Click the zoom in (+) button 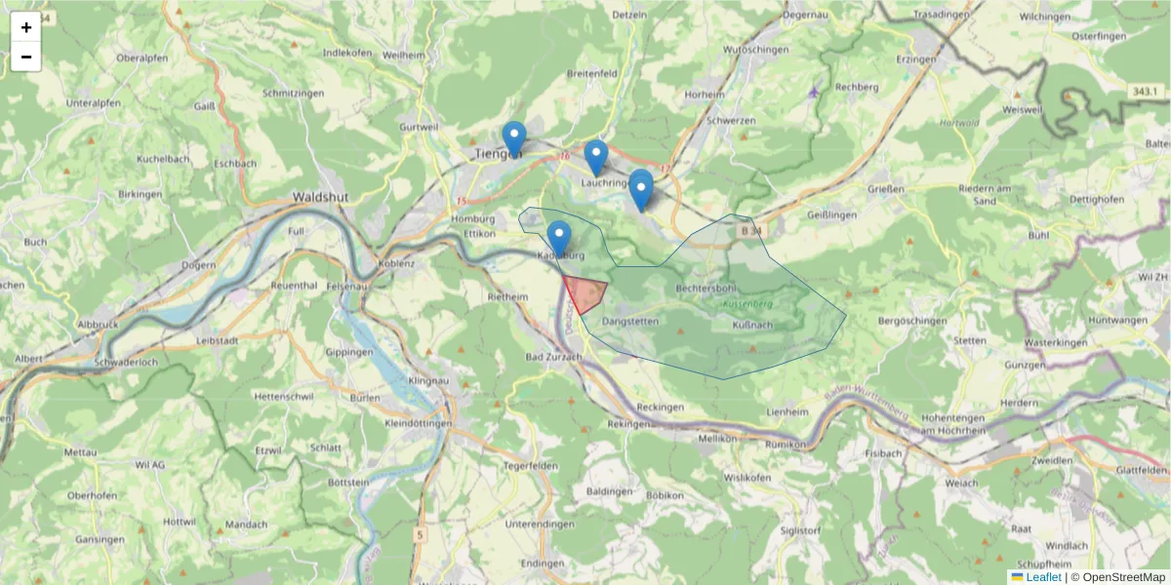click(26, 27)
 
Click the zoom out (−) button click(26, 57)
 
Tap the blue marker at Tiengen click(513, 138)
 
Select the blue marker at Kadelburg click(558, 238)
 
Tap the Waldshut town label click(321, 196)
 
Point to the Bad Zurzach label click(553, 358)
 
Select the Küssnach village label click(751, 325)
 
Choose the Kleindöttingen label click(418, 424)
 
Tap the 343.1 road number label click(1147, 92)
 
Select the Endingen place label click(544, 564)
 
